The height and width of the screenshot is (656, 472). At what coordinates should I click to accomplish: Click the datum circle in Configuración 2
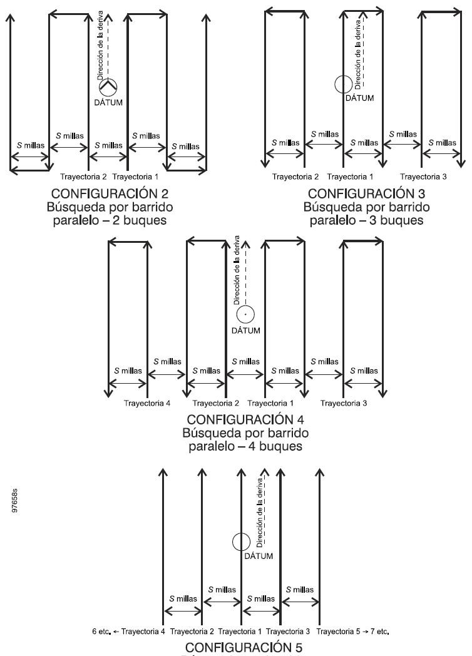pyautogui.click(x=108, y=87)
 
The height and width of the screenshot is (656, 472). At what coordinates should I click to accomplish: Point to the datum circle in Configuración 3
pyautogui.click(x=343, y=85)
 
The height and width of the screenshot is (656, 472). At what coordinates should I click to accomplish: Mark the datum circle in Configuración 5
pyautogui.click(x=241, y=542)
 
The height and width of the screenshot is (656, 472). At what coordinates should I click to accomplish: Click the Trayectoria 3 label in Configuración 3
pyautogui.click(x=423, y=177)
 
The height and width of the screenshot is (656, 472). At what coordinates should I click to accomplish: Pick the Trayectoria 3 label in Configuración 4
pyautogui.click(x=344, y=402)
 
